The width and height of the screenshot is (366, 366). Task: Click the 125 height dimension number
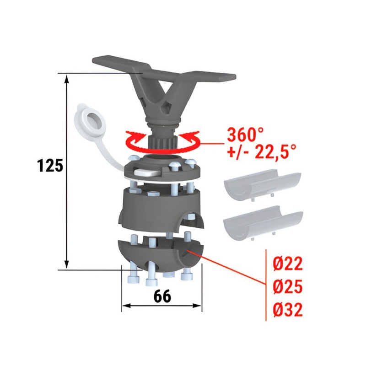pos(50,166)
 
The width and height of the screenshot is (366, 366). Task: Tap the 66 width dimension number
pos(162,296)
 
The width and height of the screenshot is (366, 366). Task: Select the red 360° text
pos(245,135)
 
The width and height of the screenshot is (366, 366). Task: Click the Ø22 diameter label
pos(288,264)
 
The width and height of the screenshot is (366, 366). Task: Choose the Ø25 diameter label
pos(288,286)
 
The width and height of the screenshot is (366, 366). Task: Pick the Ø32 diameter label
pos(288,309)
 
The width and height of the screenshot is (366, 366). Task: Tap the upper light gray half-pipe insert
pos(263,184)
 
